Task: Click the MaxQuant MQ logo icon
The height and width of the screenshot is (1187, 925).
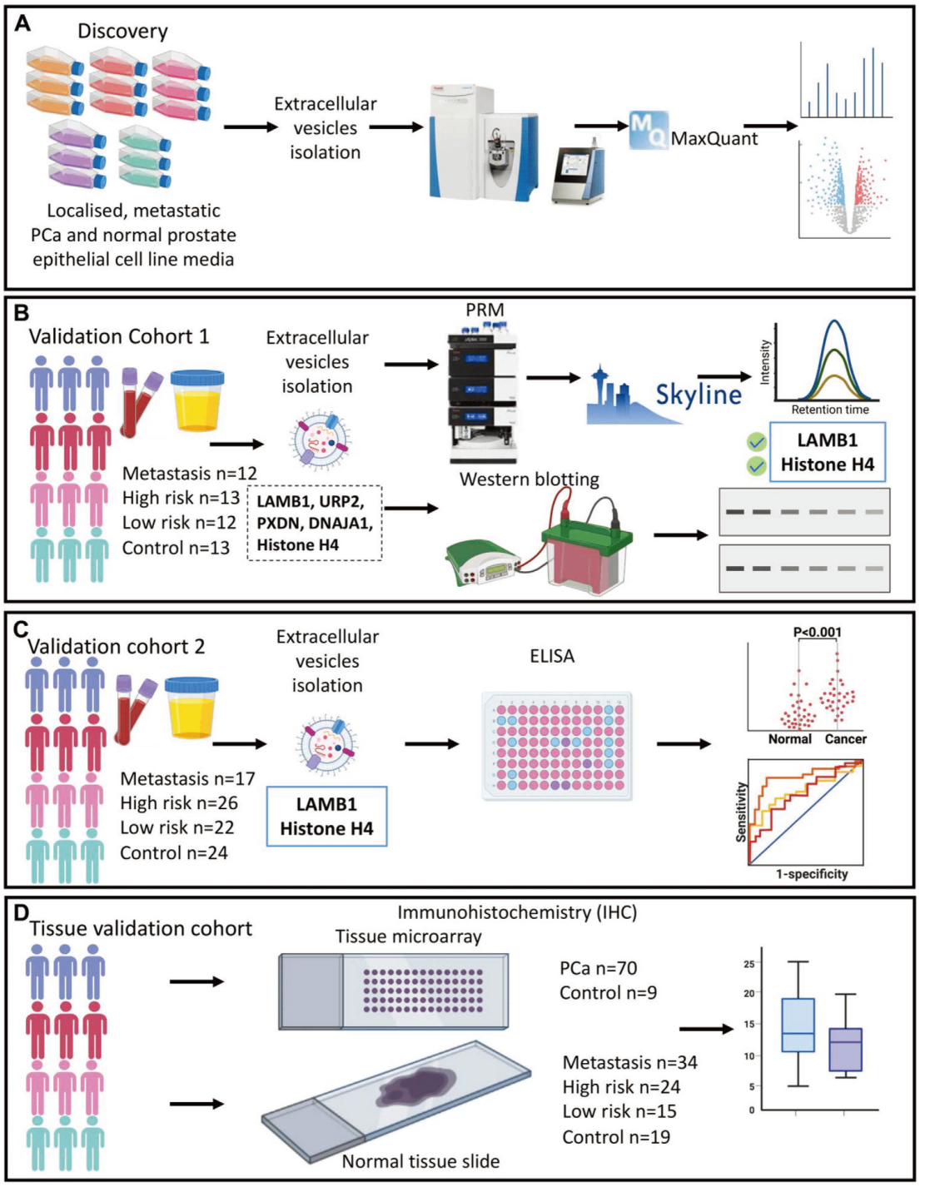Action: [648, 131]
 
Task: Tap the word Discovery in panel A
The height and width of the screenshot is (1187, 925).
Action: [122, 32]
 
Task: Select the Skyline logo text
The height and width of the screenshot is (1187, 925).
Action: [698, 394]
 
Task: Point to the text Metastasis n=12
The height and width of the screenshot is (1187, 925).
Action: [190, 474]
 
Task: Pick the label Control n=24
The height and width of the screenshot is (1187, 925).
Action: [173, 853]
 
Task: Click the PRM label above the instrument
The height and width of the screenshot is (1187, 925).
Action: [485, 310]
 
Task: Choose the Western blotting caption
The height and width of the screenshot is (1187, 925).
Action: [529, 479]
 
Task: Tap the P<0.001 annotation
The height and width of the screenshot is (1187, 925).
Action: [817, 633]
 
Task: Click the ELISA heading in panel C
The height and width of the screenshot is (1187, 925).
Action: [552, 657]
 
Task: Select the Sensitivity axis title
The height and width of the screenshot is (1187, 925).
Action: [740, 812]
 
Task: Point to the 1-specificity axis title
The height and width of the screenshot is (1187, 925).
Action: [812, 874]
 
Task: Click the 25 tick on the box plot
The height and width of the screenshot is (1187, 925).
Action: [749, 964]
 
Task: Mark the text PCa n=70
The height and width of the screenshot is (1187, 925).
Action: [598, 969]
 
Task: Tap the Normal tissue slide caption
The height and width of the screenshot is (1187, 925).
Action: [420, 1161]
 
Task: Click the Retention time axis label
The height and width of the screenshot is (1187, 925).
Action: [829, 410]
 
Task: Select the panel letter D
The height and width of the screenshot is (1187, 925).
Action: [21, 913]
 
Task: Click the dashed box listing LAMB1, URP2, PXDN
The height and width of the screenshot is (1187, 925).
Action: [315, 523]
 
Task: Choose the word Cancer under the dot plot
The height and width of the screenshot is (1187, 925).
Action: [845, 739]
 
